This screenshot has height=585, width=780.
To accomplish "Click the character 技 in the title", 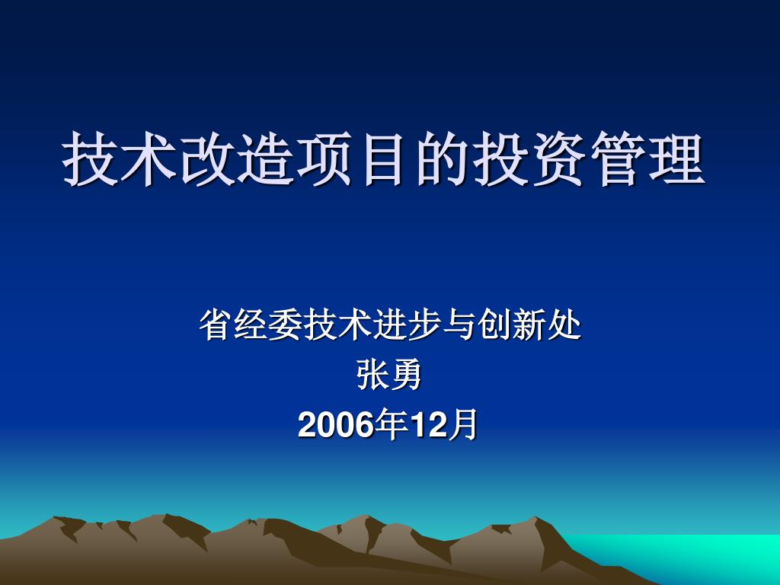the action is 90,159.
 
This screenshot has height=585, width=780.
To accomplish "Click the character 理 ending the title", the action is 677,159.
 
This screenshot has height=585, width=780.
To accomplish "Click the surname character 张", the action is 372,375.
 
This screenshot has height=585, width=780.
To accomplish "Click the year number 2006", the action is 336,426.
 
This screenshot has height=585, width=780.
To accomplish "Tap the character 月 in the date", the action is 462,424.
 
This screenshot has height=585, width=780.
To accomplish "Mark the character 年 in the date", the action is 392,424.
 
